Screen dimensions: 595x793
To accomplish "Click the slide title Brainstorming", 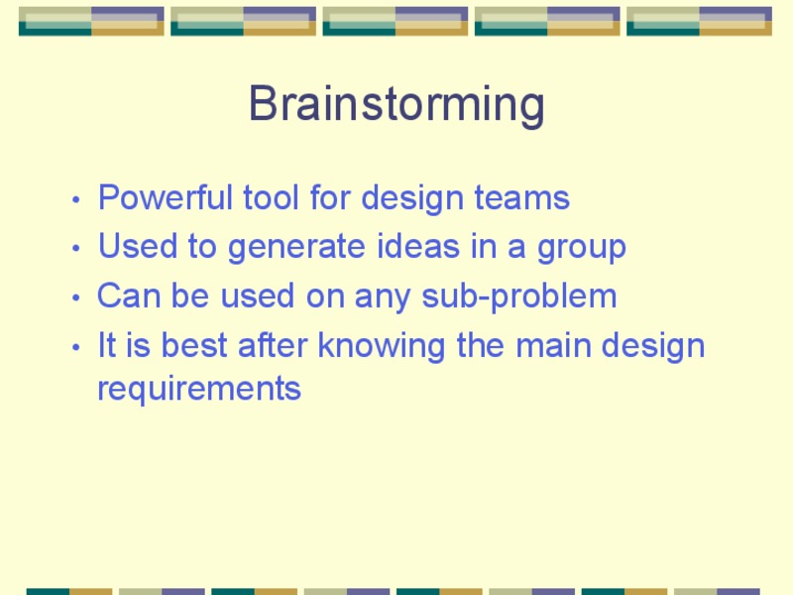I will click(396, 104).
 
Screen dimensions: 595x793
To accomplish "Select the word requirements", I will click(198, 389).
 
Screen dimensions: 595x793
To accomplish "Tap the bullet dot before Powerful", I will click(77, 200).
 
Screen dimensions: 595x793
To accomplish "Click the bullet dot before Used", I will click(77, 249).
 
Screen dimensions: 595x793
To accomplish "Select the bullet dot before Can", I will click(77, 298).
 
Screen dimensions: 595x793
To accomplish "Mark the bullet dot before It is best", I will click(77, 348).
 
